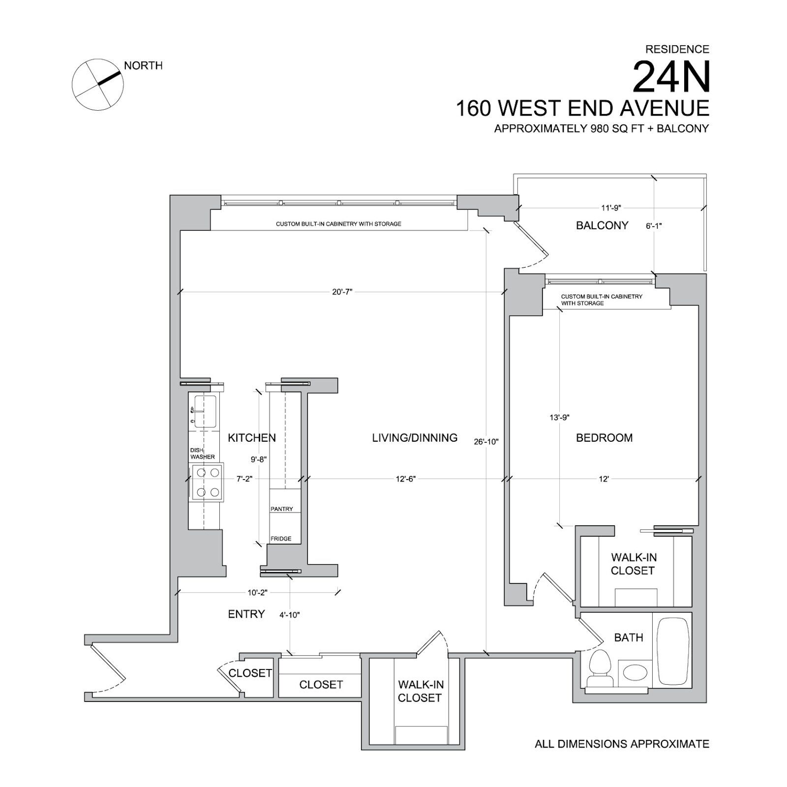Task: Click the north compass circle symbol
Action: (x=98, y=85)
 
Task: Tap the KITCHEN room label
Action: (x=252, y=437)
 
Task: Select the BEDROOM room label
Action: (x=604, y=438)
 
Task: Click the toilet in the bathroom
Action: (x=600, y=668)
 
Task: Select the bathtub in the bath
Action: (x=672, y=650)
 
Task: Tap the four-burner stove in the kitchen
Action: (x=207, y=483)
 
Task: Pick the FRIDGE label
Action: (x=281, y=539)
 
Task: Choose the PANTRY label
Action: (x=282, y=509)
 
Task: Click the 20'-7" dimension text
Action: (x=342, y=292)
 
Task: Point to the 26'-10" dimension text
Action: (x=486, y=442)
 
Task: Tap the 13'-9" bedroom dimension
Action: (x=559, y=418)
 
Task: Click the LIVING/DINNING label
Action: (x=415, y=438)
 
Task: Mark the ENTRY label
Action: (x=246, y=614)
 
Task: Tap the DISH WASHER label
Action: (x=202, y=454)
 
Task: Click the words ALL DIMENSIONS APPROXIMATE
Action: (x=622, y=744)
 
